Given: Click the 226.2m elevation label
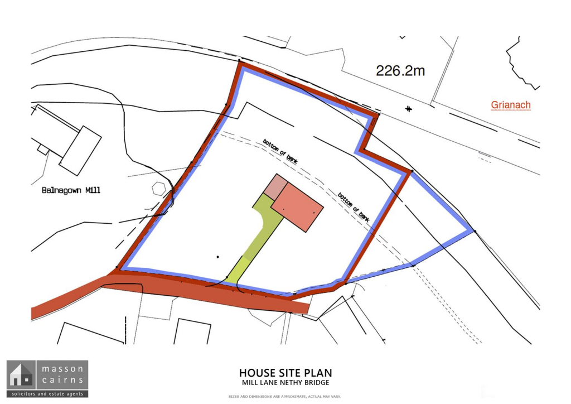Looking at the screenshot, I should pos(400,70).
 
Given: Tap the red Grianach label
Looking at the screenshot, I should pos(511,105).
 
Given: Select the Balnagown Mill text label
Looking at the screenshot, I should pos(71,190).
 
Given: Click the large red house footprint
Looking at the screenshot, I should pos(297,207).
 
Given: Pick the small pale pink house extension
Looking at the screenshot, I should pos(275,185).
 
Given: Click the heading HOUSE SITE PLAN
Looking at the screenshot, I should pos(285,373).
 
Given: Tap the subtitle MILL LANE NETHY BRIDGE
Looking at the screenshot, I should pos(285,383).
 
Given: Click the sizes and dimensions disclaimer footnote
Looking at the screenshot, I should pos(285,397).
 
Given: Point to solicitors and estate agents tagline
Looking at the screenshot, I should pos(47,394).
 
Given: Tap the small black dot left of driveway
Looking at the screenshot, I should pos(218,257).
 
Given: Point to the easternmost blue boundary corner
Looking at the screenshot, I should pos(473,230).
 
